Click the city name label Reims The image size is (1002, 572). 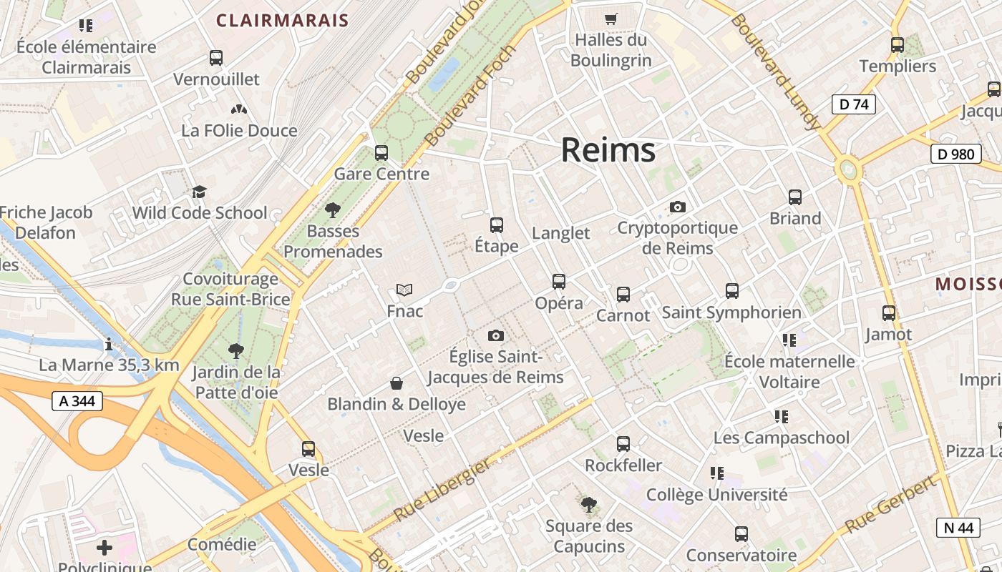608,150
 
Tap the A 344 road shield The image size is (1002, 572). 77,402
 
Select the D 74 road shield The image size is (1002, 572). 854,104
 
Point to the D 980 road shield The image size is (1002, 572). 955,154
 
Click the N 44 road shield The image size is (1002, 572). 958,528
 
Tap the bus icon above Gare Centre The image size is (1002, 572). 381,152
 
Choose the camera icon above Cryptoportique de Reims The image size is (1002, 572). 677,207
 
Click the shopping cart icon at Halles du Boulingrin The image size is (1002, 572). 611,19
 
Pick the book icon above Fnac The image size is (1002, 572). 404,290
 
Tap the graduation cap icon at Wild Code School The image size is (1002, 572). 199,192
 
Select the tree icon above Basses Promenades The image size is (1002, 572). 332,210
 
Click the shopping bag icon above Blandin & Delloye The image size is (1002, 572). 397,384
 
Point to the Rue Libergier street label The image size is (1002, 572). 442,489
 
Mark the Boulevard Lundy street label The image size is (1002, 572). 775,71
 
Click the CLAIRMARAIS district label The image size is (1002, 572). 282,20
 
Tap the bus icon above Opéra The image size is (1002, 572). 559,282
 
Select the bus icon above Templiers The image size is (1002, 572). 898,45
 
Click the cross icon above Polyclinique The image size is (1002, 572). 104,548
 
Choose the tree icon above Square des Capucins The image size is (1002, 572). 589,506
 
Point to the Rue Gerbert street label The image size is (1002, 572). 890,503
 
